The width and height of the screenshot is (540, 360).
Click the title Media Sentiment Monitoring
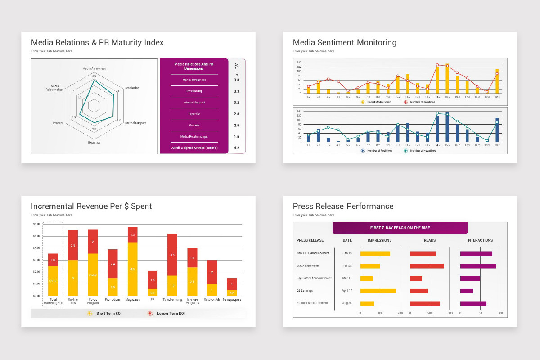[x=344, y=43]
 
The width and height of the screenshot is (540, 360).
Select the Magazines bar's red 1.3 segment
[x=132, y=234]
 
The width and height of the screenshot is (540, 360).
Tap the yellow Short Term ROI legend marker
[x=90, y=313]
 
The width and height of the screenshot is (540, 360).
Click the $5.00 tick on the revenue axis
[x=36, y=236]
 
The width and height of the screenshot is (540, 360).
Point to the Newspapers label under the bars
[x=232, y=299]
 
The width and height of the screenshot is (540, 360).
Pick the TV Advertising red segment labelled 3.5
[x=172, y=255]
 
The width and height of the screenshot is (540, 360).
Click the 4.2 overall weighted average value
[x=237, y=148]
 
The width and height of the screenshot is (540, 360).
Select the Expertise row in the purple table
[x=194, y=114]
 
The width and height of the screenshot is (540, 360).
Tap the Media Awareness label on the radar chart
[x=94, y=68]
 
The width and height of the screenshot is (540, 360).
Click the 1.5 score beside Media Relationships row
[x=237, y=137]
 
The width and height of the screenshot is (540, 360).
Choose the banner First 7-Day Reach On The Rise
[x=400, y=228]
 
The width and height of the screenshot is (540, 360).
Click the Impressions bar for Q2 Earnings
[x=378, y=291]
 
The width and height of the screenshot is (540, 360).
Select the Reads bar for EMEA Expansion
[x=427, y=266]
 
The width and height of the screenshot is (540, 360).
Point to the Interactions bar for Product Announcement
[x=473, y=303]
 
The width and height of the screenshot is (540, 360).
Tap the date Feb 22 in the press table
[x=347, y=266]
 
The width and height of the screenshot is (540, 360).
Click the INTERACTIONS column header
[x=480, y=240]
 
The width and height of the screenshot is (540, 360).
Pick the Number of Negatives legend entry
[x=420, y=150]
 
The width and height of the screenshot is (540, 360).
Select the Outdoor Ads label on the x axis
[x=212, y=299]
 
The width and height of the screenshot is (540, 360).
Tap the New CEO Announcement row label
[x=313, y=253]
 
